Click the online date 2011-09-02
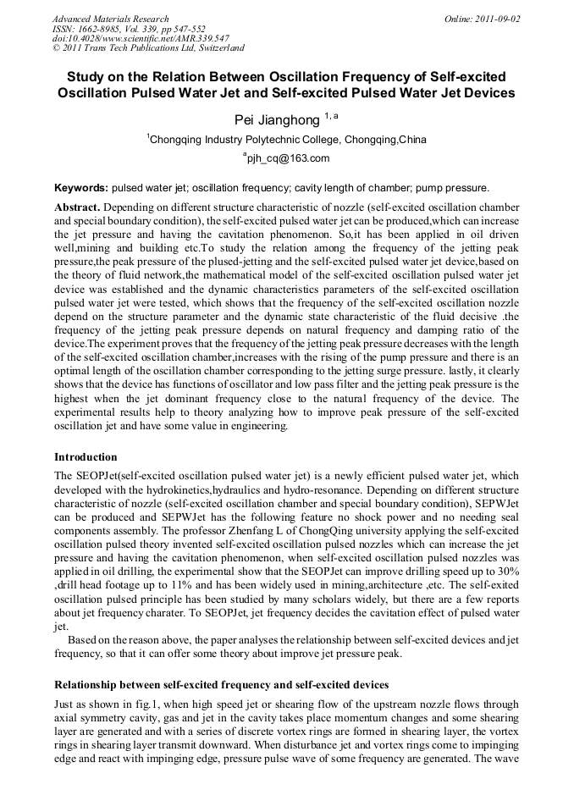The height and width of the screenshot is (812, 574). [497, 19]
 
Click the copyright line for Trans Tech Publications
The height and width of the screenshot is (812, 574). [148, 49]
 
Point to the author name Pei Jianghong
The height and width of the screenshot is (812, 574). [276, 119]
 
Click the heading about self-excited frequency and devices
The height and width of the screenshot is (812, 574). [221, 684]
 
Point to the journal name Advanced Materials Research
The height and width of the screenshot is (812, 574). [110, 19]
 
